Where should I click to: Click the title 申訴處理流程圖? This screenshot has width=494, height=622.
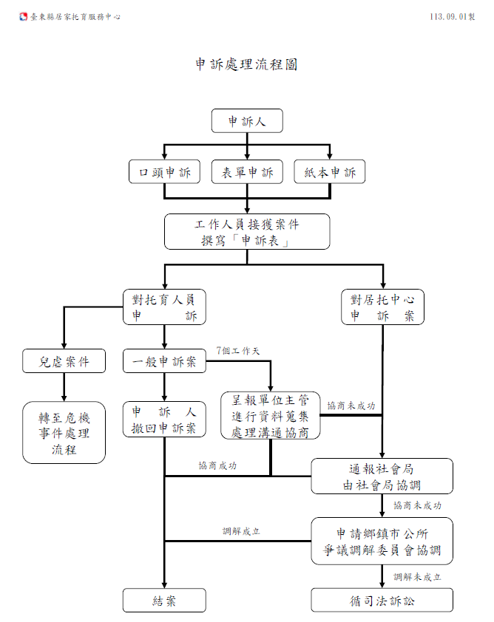pyautogui.click(x=246, y=64)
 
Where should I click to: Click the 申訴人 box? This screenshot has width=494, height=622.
pyautogui.click(x=247, y=120)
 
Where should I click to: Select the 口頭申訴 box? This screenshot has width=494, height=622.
pyautogui.click(x=164, y=172)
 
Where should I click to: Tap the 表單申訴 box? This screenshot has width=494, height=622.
pyautogui.click(x=247, y=172)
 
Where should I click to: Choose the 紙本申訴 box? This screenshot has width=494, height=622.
pyautogui.click(x=330, y=172)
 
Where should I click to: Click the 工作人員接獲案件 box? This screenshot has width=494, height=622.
pyautogui.click(x=247, y=232)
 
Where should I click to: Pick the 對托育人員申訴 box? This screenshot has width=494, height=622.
pyautogui.click(x=164, y=307)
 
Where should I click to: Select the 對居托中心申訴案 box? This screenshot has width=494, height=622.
pyautogui.click(x=383, y=307)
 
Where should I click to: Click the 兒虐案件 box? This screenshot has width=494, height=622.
pyautogui.click(x=64, y=361)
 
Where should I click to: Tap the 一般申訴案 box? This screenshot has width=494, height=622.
pyautogui.click(x=164, y=361)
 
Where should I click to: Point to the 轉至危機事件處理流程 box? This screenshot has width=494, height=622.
pyautogui.click(x=64, y=432)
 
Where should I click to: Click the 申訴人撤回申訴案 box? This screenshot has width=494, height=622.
pyautogui.click(x=164, y=420)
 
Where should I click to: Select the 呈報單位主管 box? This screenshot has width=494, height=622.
pyautogui.click(x=271, y=415)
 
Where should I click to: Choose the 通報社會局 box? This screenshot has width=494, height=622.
pyautogui.click(x=382, y=476)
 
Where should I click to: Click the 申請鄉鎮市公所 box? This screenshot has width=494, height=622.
pyautogui.click(x=382, y=541)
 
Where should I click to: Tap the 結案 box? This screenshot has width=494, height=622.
pyautogui.click(x=164, y=600)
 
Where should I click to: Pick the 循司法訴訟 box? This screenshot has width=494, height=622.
pyautogui.click(x=382, y=600)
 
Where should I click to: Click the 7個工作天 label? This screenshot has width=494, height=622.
pyautogui.click(x=238, y=351)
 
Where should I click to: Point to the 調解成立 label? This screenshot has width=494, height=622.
pyautogui.click(x=241, y=531)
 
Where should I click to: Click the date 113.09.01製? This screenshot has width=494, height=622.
pyautogui.click(x=453, y=17)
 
